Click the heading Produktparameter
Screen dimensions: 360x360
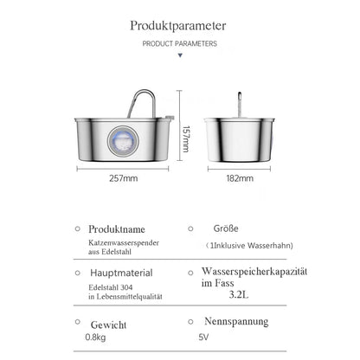(x=178, y=26)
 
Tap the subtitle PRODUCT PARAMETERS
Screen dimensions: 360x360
(x=180, y=44)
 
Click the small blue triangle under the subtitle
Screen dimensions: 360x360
(x=180, y=55)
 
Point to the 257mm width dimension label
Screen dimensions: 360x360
(x=124, y=178)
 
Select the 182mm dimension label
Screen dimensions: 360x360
(x=240, y=178)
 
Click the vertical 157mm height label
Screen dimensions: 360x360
(x=186, y=139)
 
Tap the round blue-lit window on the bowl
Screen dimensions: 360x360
(x=123, y=141)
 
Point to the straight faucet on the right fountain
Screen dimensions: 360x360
(x=240, y=105)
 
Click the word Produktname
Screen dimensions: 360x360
(x=117, y=229)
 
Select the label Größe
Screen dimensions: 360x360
(x=226, y=228)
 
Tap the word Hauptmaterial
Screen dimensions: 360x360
(x=121, y=273)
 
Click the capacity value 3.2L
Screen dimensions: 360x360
(x=239, y=294)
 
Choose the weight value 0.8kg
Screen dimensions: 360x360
(x=95, y=337)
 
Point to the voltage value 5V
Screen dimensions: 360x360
(x=203, y=337)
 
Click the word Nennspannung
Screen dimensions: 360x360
(x=236, y=322)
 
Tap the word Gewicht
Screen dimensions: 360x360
(x=108, y=325)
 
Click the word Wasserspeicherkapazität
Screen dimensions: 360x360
(x=254, y=272)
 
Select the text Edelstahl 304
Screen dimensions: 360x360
(x=111, y=287)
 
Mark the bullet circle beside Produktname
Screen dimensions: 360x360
(x=78, y=228)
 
